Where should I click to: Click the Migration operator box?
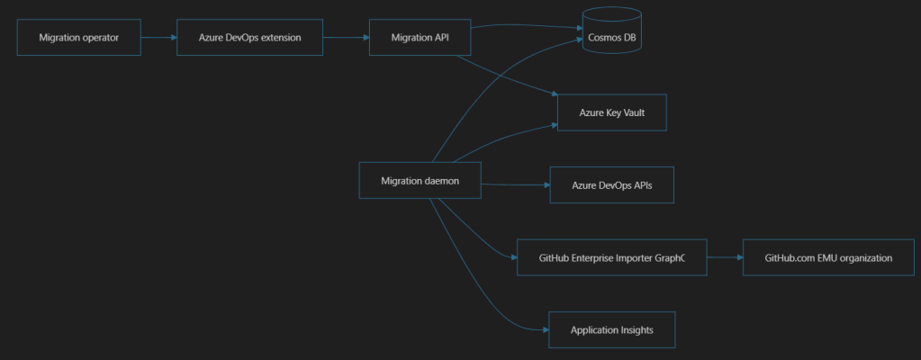click(x=78, y=38)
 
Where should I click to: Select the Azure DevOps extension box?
click(x=249, y=38)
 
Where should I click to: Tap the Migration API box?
click(x=420, y=38)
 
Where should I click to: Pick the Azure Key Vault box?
click(x=611, y=112)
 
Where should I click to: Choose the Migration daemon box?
click(x=420, y=180)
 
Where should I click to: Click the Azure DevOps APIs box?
click(x=611, y=185)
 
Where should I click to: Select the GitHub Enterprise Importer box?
click(x=611, y=257)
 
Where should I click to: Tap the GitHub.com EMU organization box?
click(x=828, y=257)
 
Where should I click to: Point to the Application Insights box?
click(x=611, y=329)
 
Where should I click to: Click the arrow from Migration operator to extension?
click(x=158, y=38)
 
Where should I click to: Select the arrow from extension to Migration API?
click(x=346, y=38)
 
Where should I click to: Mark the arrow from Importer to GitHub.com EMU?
click(x=725, y=257)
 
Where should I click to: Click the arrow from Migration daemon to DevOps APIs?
click(x=516, y=185)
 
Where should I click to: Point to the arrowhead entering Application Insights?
click(x=545, y=329)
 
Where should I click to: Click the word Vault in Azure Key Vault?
click(x=633, y=112)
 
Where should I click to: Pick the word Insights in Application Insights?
click(x=637, y=330)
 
